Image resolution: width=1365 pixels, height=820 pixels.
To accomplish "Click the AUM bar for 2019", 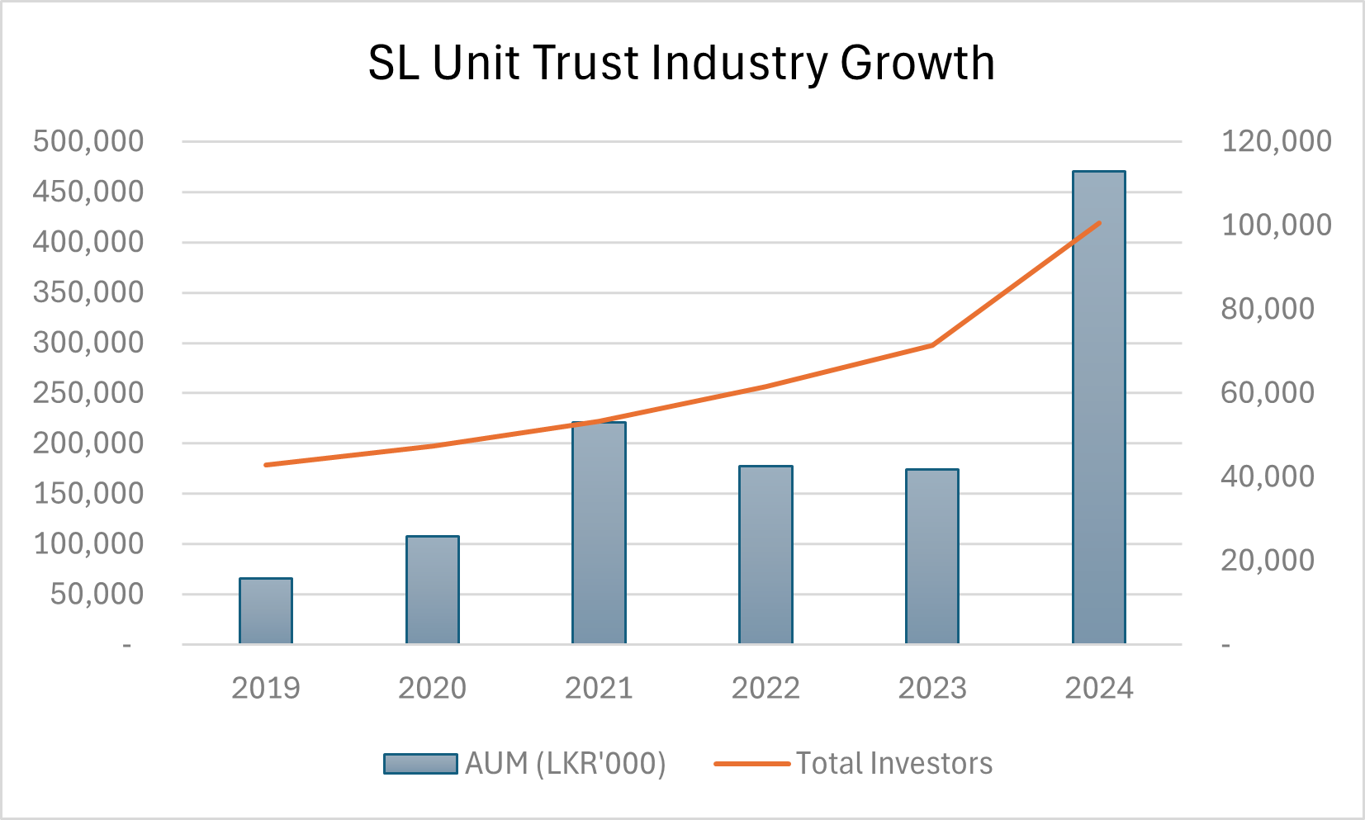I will click(266, 611).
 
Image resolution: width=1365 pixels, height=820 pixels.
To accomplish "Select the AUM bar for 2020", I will click(433, 590).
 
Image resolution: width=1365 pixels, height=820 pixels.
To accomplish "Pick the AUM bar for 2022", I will click(765, 555).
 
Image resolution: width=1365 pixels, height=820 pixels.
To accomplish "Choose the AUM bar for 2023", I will click(932, 557).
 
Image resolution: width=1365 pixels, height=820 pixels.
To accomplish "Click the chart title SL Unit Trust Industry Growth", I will click(681, 63).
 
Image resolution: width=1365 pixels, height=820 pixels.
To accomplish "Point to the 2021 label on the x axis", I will click(599, 688).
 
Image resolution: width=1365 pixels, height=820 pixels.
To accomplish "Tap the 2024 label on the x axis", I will click(1098, 688).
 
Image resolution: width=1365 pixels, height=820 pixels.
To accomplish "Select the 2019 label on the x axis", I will click(266, 688).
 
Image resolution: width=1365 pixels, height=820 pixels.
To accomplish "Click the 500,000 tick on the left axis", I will click(88, 141).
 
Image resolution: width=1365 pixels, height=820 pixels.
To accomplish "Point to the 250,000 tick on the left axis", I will click(88, 393).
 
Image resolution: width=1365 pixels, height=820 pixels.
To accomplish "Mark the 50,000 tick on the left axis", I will click(97, 595).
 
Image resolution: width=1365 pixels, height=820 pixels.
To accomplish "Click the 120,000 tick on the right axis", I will click(1276, 141).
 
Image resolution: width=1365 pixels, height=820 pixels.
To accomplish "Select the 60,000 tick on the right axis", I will click(1268, 392).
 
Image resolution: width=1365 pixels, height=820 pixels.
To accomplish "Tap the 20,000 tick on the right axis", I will click(1268, 560).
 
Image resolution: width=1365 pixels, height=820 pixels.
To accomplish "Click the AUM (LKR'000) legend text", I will click(566, 764).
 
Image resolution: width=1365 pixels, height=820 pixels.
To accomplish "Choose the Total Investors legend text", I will click(894, 764).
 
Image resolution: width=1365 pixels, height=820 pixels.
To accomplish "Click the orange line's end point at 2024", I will click(1099, 223).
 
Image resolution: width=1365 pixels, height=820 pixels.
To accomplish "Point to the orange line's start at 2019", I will click(266, 465).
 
